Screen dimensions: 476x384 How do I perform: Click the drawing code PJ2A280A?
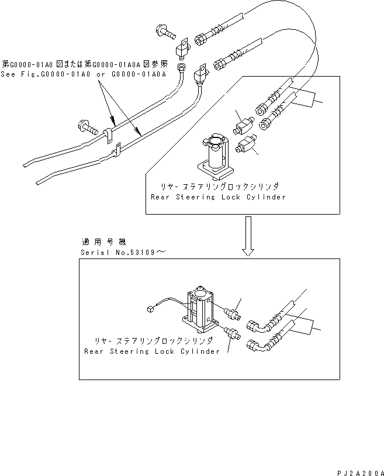point(360,471)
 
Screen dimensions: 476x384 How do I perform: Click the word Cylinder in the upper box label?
point(267,197)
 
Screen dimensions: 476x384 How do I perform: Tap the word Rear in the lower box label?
point(94,351)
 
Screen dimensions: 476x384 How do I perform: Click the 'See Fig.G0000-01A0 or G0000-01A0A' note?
point(84,74)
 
